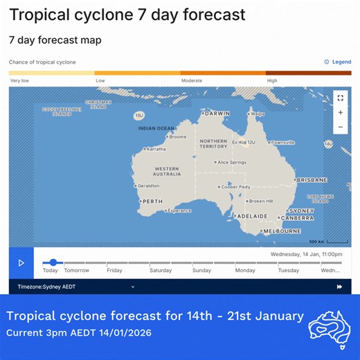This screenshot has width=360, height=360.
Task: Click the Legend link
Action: pos(338,62)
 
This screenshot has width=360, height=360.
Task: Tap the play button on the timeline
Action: pos(21,263)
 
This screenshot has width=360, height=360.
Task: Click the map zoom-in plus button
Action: pos(340,112)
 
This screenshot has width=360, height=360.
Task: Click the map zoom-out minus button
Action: pos(340,127)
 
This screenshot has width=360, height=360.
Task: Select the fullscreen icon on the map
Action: pos(340,98)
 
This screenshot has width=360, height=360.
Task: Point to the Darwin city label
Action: pos(217,114)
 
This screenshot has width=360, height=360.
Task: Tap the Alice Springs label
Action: pos(231,163)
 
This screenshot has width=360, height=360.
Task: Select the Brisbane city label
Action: pos(312,180)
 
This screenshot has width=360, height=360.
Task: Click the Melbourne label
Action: pos(281,231)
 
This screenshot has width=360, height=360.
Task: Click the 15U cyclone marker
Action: pos(139,115)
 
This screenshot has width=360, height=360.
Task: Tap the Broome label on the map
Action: pos(177,136)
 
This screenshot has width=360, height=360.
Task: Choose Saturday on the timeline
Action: pos(160,271)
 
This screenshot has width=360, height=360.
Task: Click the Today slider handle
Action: pos(53,262)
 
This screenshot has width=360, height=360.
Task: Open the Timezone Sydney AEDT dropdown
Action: pos(76,287)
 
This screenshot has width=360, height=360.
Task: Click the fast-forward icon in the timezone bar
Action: pos(339,287)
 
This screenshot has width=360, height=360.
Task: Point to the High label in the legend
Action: pos(272,81)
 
